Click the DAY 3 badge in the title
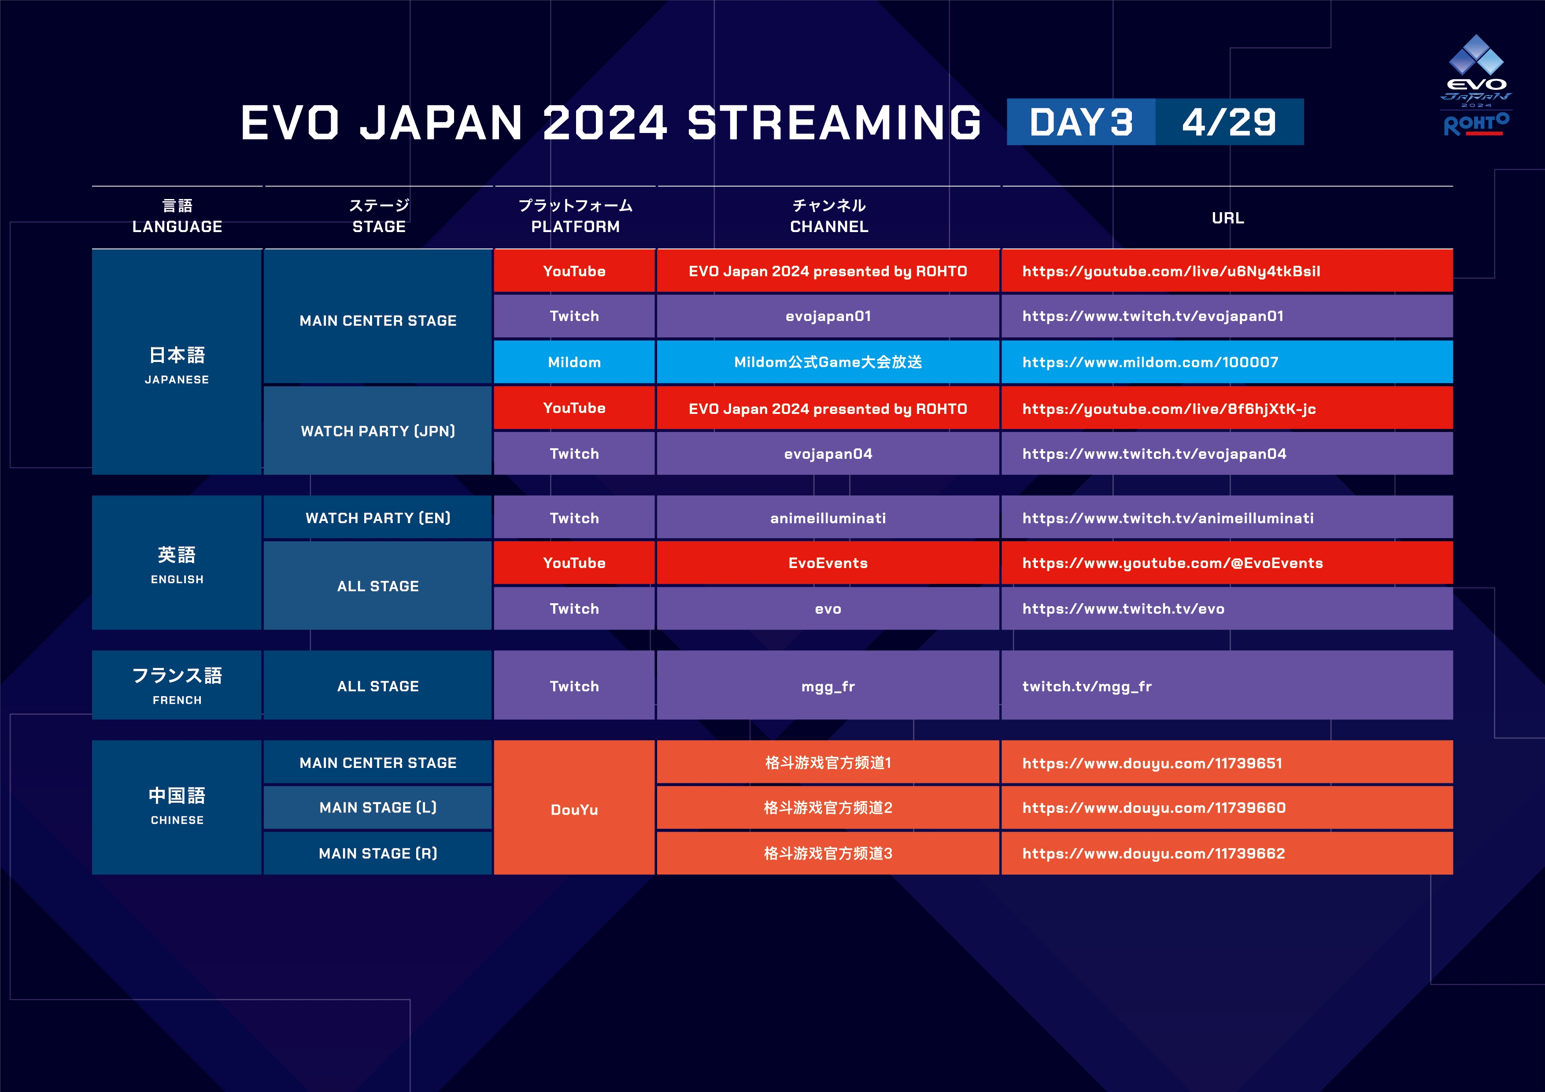click(1081, 122)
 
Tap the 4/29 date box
click(1229, 122)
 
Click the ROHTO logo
click(1476, 125)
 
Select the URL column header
click(1227, 218)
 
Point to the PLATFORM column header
click(575, 216)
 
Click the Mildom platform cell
click(574, 362)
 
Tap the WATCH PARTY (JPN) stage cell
click(377, 431)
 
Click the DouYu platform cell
click(574, 808)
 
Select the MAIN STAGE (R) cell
click(377, 853)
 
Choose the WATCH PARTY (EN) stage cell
click(377, 517)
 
